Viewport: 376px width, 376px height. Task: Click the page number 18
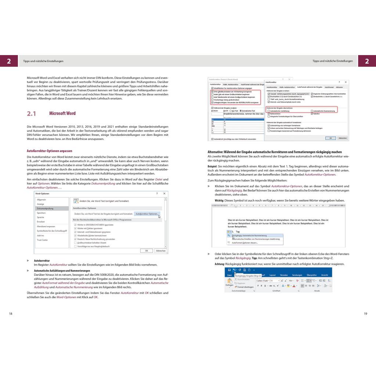[10, 313]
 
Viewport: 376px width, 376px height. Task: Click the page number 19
[365, 313]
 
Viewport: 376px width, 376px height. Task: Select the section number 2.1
[32, 113]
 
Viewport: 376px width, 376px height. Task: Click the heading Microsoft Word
[62, 113]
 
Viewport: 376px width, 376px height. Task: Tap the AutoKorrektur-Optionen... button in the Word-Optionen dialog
[147, 214]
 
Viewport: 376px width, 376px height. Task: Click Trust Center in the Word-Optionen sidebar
[43, 240]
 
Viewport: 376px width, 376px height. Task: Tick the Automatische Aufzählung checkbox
[269, 111]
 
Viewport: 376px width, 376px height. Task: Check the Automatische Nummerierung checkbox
[311, 111]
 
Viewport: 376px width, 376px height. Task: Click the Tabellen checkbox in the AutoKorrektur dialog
[311, 113]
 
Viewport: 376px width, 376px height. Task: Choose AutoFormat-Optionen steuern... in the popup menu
[245, 243]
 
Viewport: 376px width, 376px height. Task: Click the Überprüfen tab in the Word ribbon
[311, 275]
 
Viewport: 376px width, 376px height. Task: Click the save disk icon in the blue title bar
[229, 270]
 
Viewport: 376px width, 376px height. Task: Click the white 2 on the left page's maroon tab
[9, 61]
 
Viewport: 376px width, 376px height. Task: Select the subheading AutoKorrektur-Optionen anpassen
[50, 151]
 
